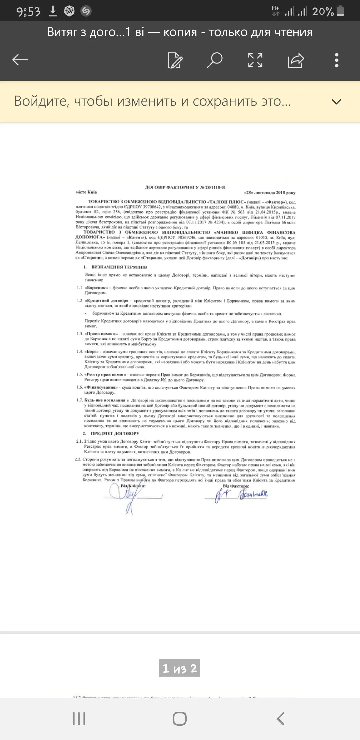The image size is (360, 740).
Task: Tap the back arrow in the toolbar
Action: (x=20, y=60)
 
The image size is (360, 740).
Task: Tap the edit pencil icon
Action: (x=175, y=60)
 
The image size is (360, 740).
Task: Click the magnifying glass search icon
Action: (x=215, y=60)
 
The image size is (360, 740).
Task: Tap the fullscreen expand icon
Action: (x=255, y=60)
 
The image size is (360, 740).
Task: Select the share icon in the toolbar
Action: (x=296, y=60)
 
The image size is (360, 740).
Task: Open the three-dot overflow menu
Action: (x=337, y=60)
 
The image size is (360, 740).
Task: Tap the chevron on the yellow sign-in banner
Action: (x=337, y=102)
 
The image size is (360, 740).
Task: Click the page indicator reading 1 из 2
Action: (x=180, y=668)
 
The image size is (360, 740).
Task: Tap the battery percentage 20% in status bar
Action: (x=323, y=12)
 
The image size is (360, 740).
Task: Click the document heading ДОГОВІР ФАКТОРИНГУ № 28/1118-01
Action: (x=185, y=187)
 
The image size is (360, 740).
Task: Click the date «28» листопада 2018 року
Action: (x=270, y=192)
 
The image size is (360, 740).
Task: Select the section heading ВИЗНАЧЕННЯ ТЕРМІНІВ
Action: (x=119, y=267)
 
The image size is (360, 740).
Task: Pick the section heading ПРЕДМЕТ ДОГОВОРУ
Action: (x=115, y=433)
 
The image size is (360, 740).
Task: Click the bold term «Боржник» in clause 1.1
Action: (x=96, y=288)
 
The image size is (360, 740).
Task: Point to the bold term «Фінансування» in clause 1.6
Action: (x=101, y=387)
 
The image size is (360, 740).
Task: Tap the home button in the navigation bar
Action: (x=180, y=719)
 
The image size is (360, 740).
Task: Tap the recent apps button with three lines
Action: (x=79, y=719)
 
